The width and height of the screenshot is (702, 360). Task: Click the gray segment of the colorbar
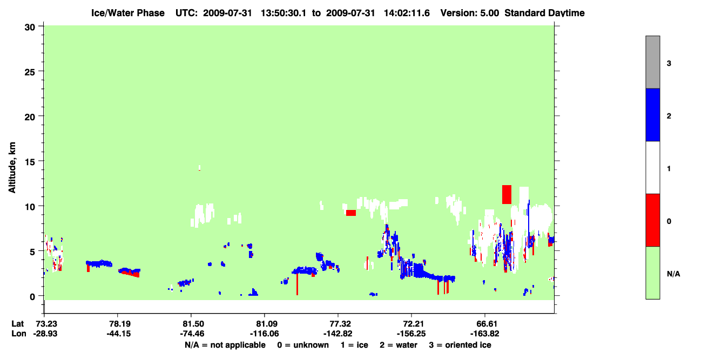pos(652,62)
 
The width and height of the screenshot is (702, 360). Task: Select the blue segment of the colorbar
pos(652,114)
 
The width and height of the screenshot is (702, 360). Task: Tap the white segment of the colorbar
pos(652,167)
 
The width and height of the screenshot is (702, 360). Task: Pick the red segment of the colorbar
pos(652,220)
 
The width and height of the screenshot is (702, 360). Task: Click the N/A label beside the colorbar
pos(673,274)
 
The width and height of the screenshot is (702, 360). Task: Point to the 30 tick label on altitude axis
pos(30,28)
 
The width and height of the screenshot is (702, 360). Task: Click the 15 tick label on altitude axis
pos(30,161)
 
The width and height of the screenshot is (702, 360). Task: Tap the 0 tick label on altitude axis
pos(32,296)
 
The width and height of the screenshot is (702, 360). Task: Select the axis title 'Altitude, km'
pos(12,168)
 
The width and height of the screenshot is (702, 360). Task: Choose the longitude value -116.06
pos(264,334)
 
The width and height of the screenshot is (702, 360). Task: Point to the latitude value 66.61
pos(485,324)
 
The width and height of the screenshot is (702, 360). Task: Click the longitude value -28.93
pos(45,334)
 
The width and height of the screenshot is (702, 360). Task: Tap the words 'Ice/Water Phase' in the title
pos(128,13)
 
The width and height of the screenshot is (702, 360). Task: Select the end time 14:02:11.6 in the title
pos(407,13)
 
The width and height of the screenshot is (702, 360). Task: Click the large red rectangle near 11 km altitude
pos(507,194)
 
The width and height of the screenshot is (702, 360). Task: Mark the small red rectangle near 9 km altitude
pos(351,213)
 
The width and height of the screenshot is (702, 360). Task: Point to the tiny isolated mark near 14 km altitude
pos(199,168)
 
